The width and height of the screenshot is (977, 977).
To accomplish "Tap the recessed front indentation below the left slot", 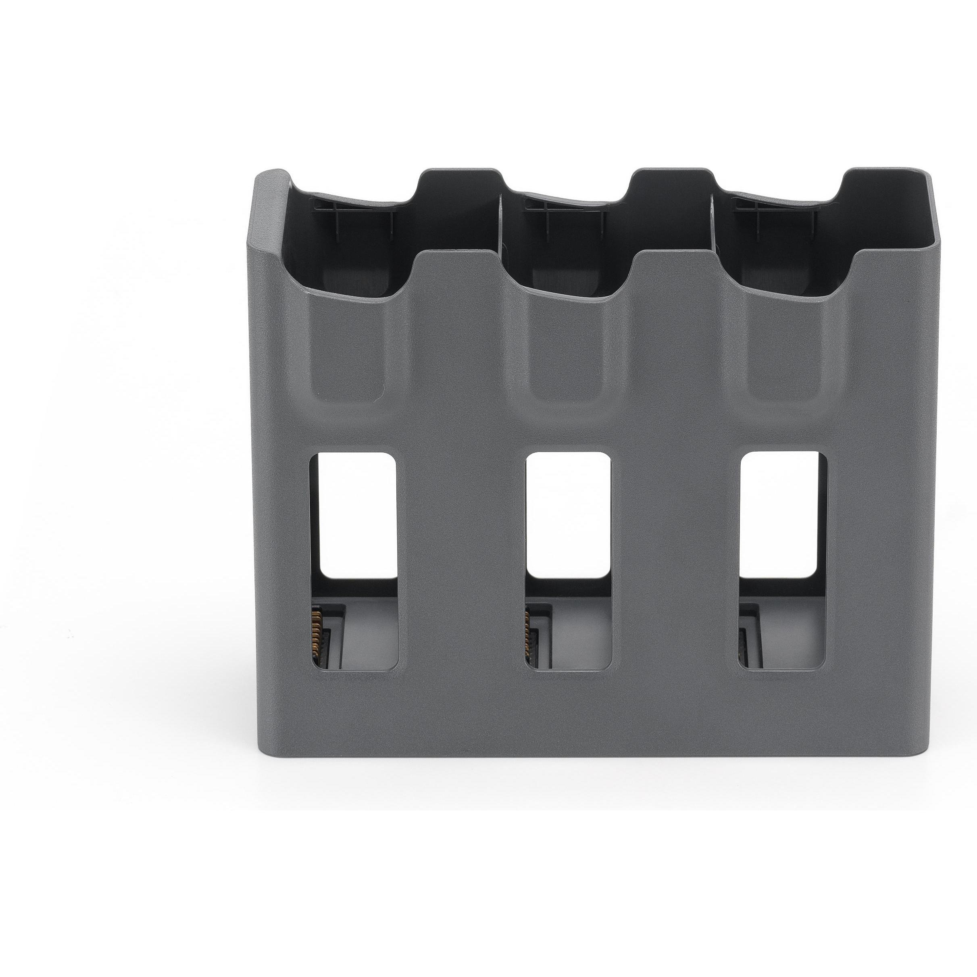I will tap(349, 354).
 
